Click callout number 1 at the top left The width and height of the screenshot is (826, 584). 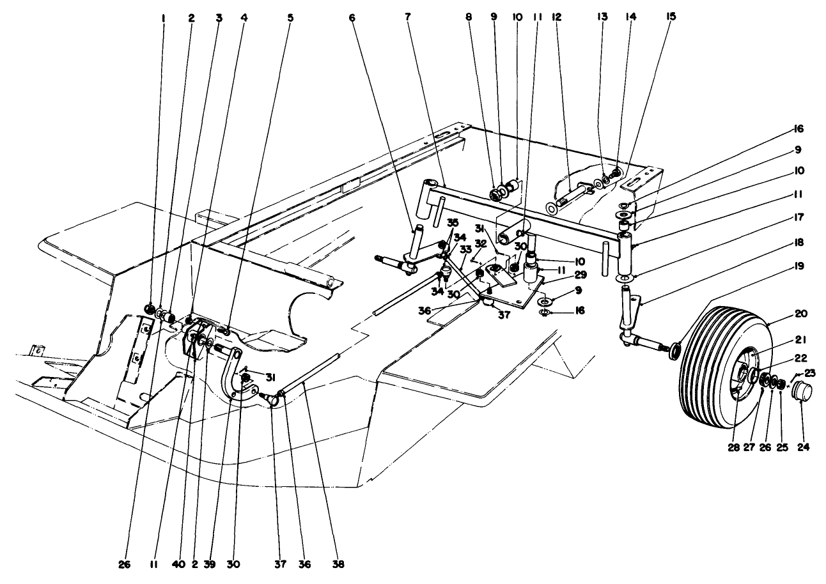[x=163, y=19]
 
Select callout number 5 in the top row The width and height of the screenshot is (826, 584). [x=290, y=19]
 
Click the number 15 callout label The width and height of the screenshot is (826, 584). [x=671, y=19]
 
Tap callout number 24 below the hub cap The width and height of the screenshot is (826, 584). [x=803, y=447]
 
